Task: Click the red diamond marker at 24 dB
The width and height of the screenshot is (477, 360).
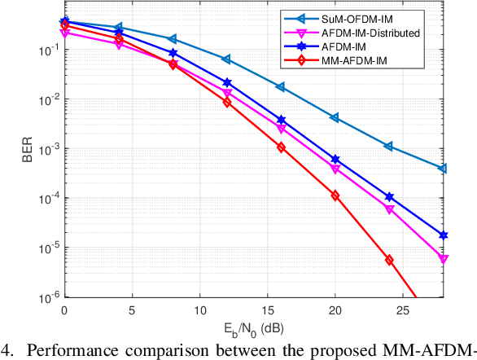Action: point(389,260)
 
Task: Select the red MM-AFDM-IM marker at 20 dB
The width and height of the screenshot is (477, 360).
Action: point(335,195)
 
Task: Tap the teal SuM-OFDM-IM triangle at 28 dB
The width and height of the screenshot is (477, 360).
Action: point(443,169)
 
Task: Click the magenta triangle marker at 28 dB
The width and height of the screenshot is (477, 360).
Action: point(443,259)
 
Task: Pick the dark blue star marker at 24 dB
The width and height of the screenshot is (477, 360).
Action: point(389,197)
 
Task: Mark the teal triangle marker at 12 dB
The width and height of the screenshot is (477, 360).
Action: point(226,59)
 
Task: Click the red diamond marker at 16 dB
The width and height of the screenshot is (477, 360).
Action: point(281,147)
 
